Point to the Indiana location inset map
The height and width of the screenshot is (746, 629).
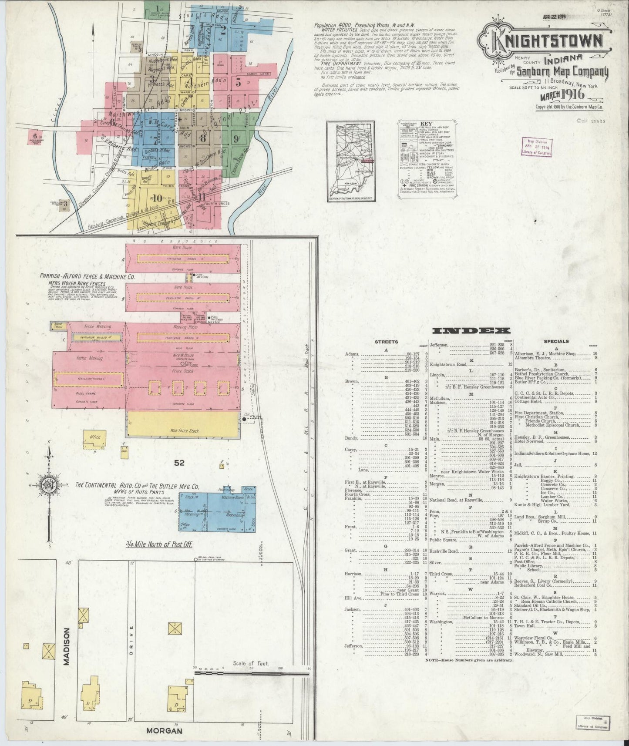pyautogui.click(x=351, y=161)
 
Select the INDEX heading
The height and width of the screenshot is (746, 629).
pyautogui.click(x=472, y=331)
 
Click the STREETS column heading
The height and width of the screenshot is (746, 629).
pyautogui.click(x=386, y=342)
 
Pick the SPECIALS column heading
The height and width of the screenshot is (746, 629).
pyautogui.click(x=556, y=341)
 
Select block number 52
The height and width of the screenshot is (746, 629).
pyautogui.click(x=179, y=463)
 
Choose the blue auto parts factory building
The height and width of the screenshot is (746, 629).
pyautogui.click(x=217, y=508)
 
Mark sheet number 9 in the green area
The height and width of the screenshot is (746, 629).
pyautogui.click(x=235, y=139)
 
